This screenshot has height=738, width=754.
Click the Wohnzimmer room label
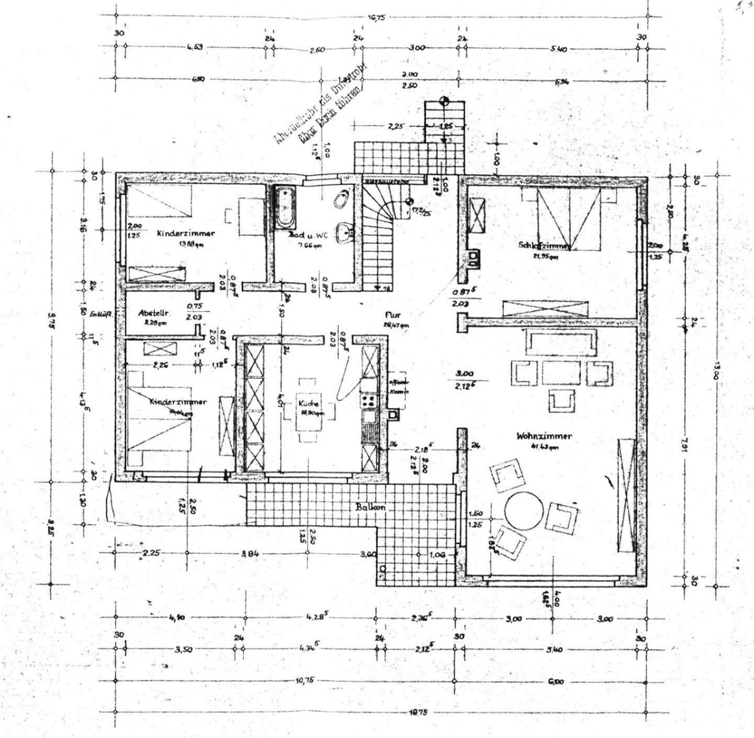pyautogui.click(x=544, y=436)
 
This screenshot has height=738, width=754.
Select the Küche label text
pyautogui.click(x=308, y=404)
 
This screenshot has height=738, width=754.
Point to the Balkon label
pyautogui.click(x=370, y=507)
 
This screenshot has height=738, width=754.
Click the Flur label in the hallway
pyautogui.click(x=393, y=315)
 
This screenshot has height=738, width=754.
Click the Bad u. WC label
pyautogui.click(x=308, y=236)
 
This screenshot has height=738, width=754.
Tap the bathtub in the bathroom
pyautogui.click(x=286, y=208)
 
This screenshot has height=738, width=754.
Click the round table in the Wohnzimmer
pyautogui.click(x=524, y=510)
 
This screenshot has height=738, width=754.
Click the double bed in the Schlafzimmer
pyautogui.click(x=569, y=219)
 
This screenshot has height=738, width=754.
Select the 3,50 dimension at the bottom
pyautogui.click(x=184, y=649)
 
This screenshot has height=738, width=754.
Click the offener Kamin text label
pyautogui.click(x=398, y=387)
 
